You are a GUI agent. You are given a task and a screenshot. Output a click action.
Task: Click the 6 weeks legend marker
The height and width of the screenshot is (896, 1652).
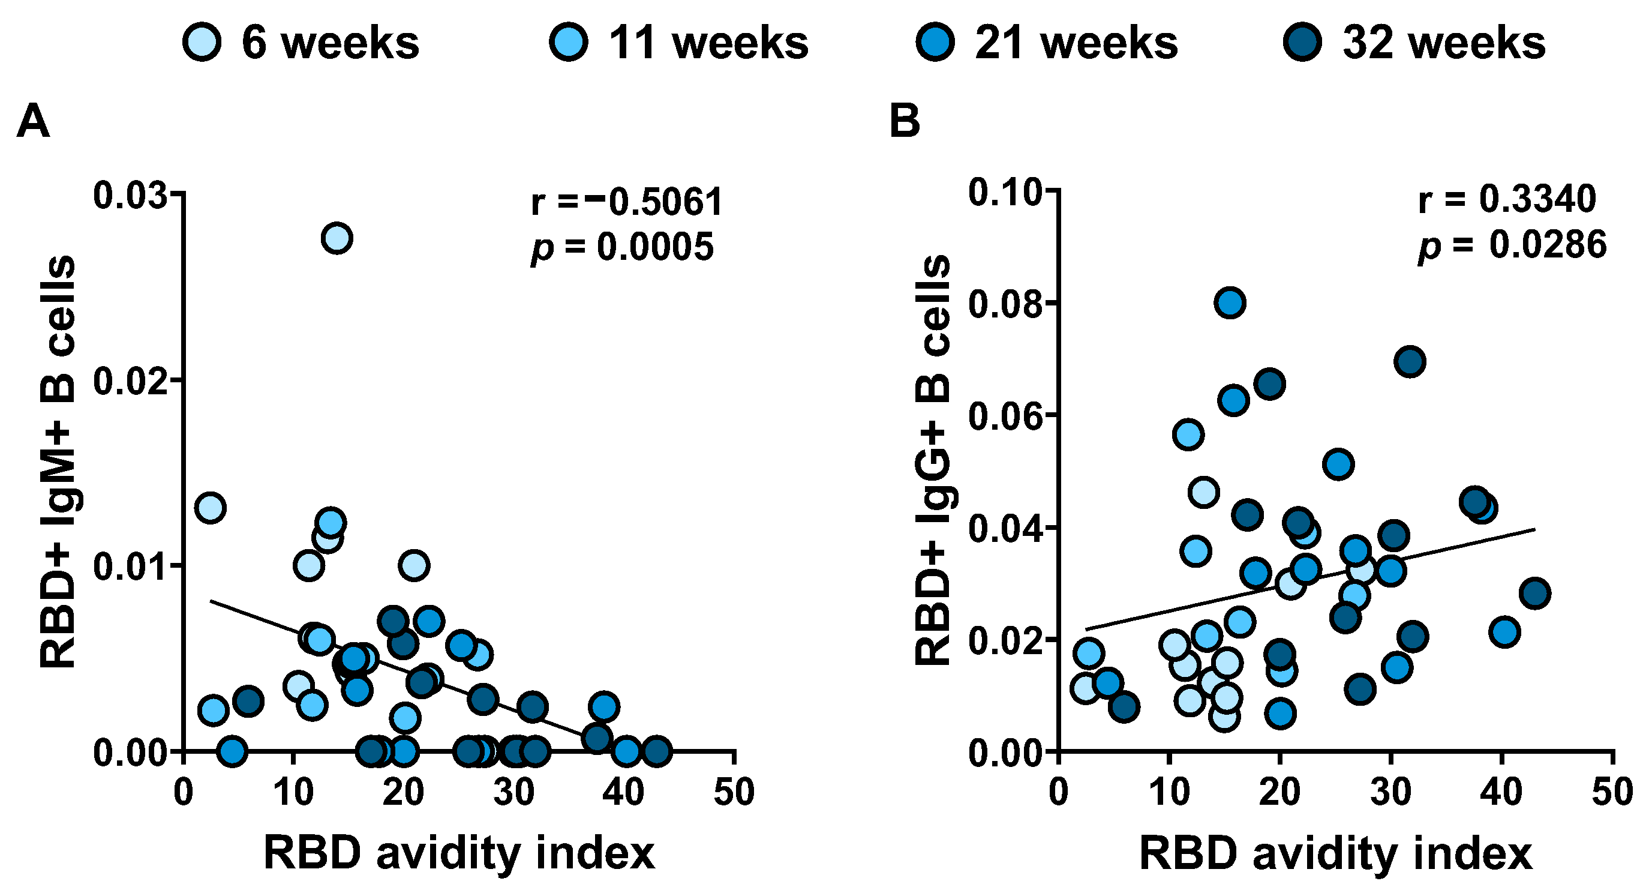point(202,43)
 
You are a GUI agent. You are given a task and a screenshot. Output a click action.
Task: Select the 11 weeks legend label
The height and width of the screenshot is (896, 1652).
point(708,43)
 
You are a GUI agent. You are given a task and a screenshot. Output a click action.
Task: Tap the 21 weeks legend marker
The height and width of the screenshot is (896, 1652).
point(936,43)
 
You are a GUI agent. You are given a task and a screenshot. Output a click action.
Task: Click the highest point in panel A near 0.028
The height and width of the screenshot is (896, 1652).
point(337,238)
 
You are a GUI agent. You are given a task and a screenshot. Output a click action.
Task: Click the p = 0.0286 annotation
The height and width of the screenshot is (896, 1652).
point(1512,244)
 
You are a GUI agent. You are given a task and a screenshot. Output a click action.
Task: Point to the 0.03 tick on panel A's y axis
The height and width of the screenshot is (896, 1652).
point(130,195)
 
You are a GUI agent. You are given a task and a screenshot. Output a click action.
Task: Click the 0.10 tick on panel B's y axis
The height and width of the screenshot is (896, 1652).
point(1005,193)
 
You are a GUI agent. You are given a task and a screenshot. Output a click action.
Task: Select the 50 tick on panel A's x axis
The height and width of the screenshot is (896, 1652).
point(734,792)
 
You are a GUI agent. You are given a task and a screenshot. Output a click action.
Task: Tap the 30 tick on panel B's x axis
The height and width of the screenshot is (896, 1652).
point(1390,792)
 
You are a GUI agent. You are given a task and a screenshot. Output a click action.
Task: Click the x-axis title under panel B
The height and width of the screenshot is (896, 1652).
point(1335,853)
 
